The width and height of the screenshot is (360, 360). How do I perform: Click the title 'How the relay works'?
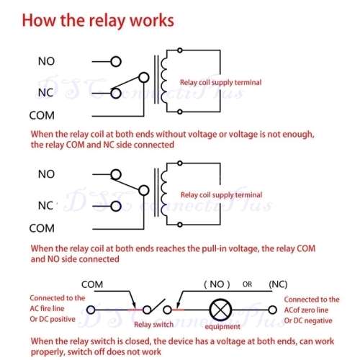click(x=97, y=19)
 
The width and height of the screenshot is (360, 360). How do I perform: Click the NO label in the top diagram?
click(x=46, y=62)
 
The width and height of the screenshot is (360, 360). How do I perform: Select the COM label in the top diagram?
click(x=42, y=115)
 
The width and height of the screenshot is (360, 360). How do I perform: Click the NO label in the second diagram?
click(x=46, y=174)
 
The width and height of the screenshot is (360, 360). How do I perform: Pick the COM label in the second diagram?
click(x=42, y=229)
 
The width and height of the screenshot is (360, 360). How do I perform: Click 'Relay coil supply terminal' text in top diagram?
click(x=221, y=83)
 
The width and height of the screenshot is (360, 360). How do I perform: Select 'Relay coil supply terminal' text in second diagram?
click(x=221, y=194)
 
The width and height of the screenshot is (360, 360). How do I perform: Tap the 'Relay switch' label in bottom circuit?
click(x=153, y=325)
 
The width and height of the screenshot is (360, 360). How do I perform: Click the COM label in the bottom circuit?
click(x=95, y=284)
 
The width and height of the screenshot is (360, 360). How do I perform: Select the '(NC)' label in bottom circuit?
click(x=278, y=284)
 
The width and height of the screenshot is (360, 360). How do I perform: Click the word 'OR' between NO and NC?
click(x=248, y=284)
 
